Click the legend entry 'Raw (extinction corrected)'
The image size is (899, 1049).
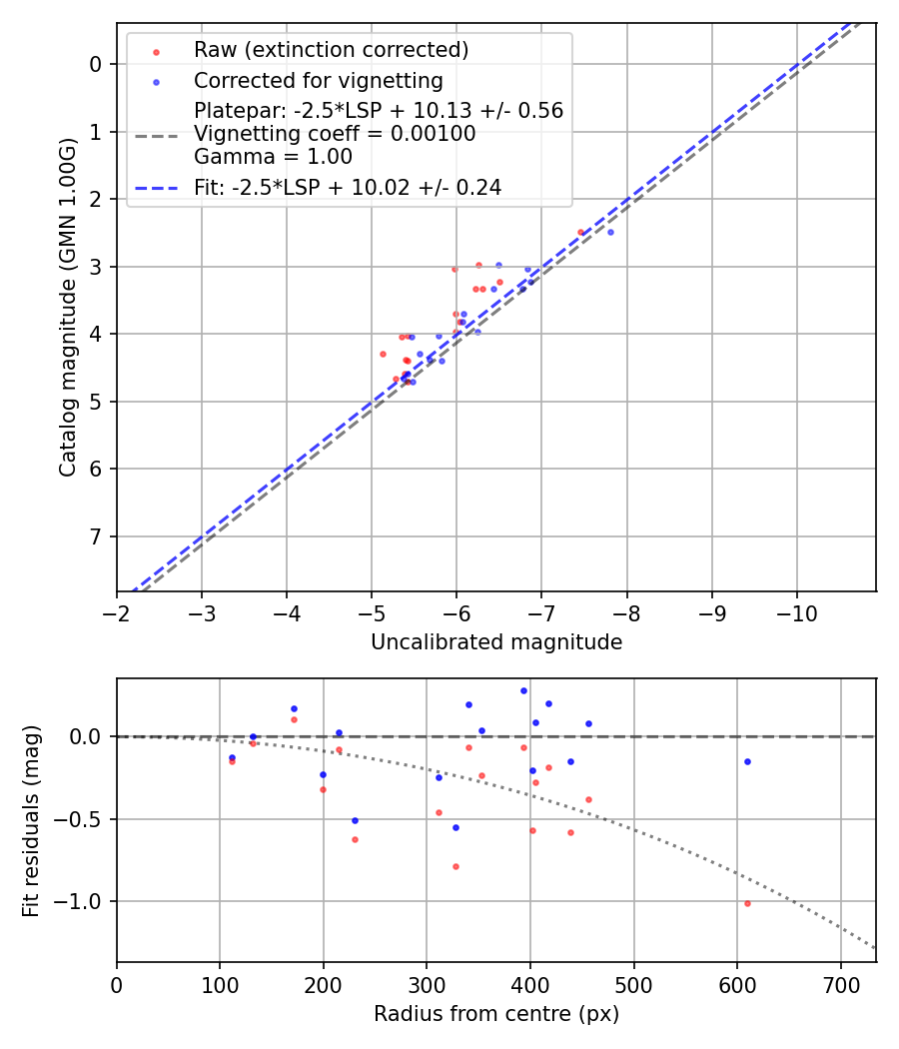click(331, 50)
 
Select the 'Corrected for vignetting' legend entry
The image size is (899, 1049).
click(318, 80)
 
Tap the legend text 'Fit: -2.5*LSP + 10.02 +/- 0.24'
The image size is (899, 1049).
click(348, 188)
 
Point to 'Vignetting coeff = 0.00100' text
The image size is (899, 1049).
click(335, 134)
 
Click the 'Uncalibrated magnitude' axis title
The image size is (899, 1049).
click(496, 642)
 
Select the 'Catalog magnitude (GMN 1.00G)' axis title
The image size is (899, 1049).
click(67, 308)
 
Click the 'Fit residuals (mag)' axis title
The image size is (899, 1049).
click(31, 820)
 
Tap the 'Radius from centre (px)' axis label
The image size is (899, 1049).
click(496, 1014)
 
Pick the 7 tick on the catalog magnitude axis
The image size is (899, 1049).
click(97, 537)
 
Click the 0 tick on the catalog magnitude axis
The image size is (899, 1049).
click(97, 65)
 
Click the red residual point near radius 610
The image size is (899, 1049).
click(747, 903)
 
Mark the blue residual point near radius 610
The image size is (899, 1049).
click(747, 761)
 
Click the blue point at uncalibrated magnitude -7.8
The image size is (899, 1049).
click(610, 232)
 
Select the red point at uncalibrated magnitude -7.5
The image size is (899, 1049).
click(580, 232)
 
